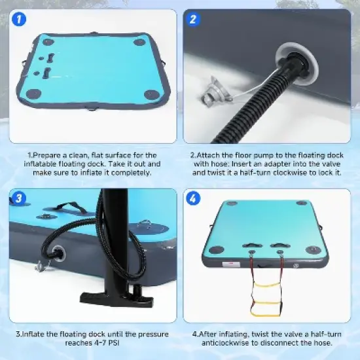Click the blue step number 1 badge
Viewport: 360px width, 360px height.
(x=18, y=19)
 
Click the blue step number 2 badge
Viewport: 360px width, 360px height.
(x=193, y=19)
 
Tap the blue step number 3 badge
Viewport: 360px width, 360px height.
(x=18, y=198)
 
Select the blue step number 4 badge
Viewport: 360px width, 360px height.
(x=193, y=198)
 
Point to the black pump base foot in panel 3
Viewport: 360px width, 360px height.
(x=117, y=296)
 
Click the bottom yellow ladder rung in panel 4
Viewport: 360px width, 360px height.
(x=266, y=313)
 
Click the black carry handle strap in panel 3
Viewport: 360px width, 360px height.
(x=69, y=207)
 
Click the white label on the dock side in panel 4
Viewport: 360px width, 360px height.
(x=231, y=264)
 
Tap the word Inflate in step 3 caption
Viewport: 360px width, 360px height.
(x=33, y=334)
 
